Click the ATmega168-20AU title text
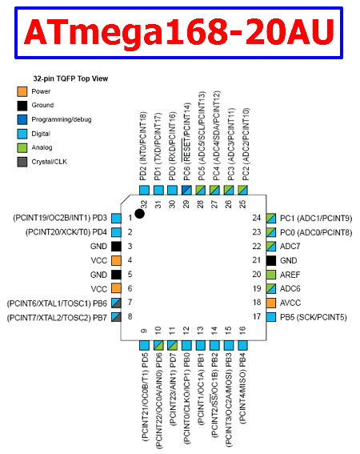coord(179,32)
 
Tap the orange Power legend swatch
coord(22,91)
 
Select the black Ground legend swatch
coord(22,106)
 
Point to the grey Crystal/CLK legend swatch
coord(22,162)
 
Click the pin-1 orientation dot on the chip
coord(140,214)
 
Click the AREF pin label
coord(290,275)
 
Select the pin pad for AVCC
coord(271,303)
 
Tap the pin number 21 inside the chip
coord(256,260)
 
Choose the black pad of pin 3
coord(116,247)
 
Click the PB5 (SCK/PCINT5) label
coord(314,317)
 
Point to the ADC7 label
coord(290,247)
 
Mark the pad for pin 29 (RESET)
coord(186,191)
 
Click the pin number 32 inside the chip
coord(145,204)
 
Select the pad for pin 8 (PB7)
coord(116,317)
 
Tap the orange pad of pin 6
coord(116,289)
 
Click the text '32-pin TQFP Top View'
coord(70,78)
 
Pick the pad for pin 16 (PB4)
coord(242,345)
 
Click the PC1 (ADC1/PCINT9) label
coord(316,219)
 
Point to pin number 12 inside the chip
coord(186,330)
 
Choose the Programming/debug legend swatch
coord(22,119)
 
